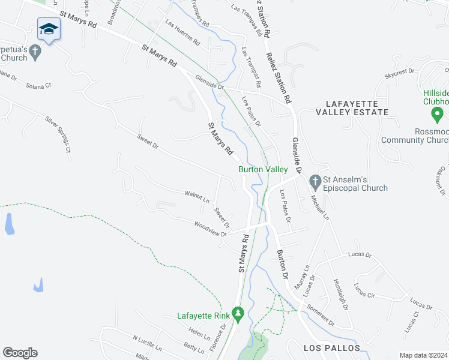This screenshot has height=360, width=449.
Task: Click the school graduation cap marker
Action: [49, 28]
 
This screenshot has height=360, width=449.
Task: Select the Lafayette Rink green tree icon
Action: [238, 313]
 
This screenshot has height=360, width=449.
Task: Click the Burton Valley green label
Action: [263, 170]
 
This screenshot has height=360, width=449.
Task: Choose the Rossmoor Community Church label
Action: [415, 136]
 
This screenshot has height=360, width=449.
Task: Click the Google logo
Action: [20, 353]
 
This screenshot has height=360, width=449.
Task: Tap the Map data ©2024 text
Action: [423, 355]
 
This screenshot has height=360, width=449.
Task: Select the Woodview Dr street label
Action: [210, 229]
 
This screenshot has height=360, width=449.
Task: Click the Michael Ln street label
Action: [318, 208]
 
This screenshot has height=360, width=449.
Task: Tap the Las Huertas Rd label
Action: [182, 34]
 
